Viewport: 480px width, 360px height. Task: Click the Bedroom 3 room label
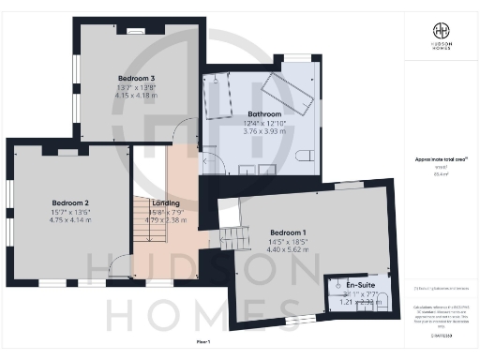pyautogui.click(x=137, y=77)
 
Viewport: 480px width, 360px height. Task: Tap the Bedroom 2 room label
pyautogui.click(x=70, y=202)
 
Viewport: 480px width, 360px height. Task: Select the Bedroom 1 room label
pyautogui.click(x=288, y=232)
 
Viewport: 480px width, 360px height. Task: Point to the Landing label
pyautogui.click(x=165, y=202)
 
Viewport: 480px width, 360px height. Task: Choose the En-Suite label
pyautogui.click(x=361, y=284)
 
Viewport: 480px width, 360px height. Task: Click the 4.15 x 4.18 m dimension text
pyautogui.click(x=137, y=95)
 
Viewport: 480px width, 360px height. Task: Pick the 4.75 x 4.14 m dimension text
pyautogui.click(x=70, y=219)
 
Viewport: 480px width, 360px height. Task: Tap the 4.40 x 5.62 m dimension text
pyautogui.click(x=288, y=249)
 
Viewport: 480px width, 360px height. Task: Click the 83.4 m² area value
pyautogui.click(x=439, y=174)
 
